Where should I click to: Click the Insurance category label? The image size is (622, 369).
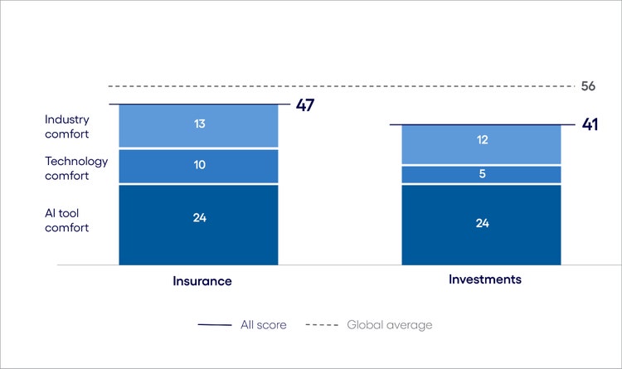202,281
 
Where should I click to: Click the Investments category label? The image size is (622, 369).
485,279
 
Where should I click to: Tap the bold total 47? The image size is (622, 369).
307,105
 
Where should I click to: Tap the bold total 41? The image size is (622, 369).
590,125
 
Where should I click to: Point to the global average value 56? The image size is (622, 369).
588,86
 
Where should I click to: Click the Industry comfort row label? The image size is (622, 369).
67,126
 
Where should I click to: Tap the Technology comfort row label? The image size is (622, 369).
76,168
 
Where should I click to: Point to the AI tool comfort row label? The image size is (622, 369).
67,220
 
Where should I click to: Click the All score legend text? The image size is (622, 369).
263,325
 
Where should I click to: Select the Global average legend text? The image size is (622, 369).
390,325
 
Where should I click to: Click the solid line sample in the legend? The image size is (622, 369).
215,325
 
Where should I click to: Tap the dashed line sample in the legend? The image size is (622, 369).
322,325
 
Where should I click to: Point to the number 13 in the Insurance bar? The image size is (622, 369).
199,124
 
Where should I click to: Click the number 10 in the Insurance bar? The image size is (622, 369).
199,165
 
